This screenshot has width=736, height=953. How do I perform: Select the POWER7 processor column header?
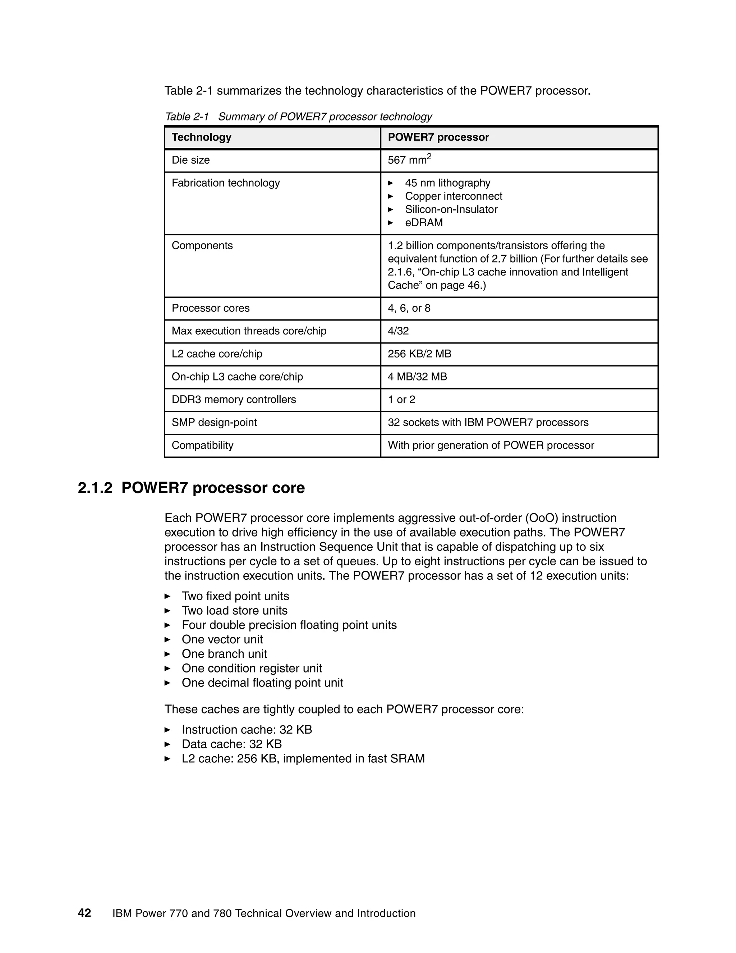438,137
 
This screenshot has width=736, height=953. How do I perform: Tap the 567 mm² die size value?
409,160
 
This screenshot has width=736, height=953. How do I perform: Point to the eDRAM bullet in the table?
423,223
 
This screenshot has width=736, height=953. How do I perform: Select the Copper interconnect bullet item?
453,196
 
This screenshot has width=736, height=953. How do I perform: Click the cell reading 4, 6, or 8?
409,308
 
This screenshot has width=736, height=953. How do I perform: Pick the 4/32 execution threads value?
398,331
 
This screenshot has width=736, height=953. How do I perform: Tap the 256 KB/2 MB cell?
419,354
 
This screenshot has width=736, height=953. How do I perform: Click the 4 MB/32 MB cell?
417,377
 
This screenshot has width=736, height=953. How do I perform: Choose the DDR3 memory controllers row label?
233,399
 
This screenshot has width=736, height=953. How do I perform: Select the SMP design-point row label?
214,423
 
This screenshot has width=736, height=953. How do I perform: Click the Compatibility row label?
202,445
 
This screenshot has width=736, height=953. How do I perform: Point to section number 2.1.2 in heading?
95,488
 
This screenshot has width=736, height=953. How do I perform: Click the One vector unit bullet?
222,639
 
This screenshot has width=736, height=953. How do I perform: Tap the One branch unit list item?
224,654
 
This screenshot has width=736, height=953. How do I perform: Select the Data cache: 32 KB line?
231,744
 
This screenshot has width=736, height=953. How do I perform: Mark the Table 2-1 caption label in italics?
187,117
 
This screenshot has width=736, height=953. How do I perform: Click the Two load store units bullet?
234,611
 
